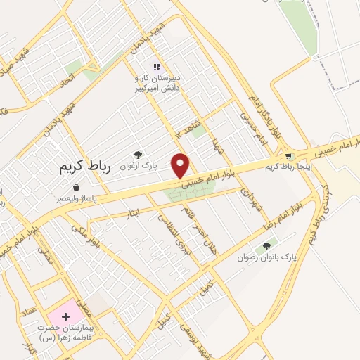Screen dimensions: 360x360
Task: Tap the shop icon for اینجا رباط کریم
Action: click(x=288, y=155)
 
